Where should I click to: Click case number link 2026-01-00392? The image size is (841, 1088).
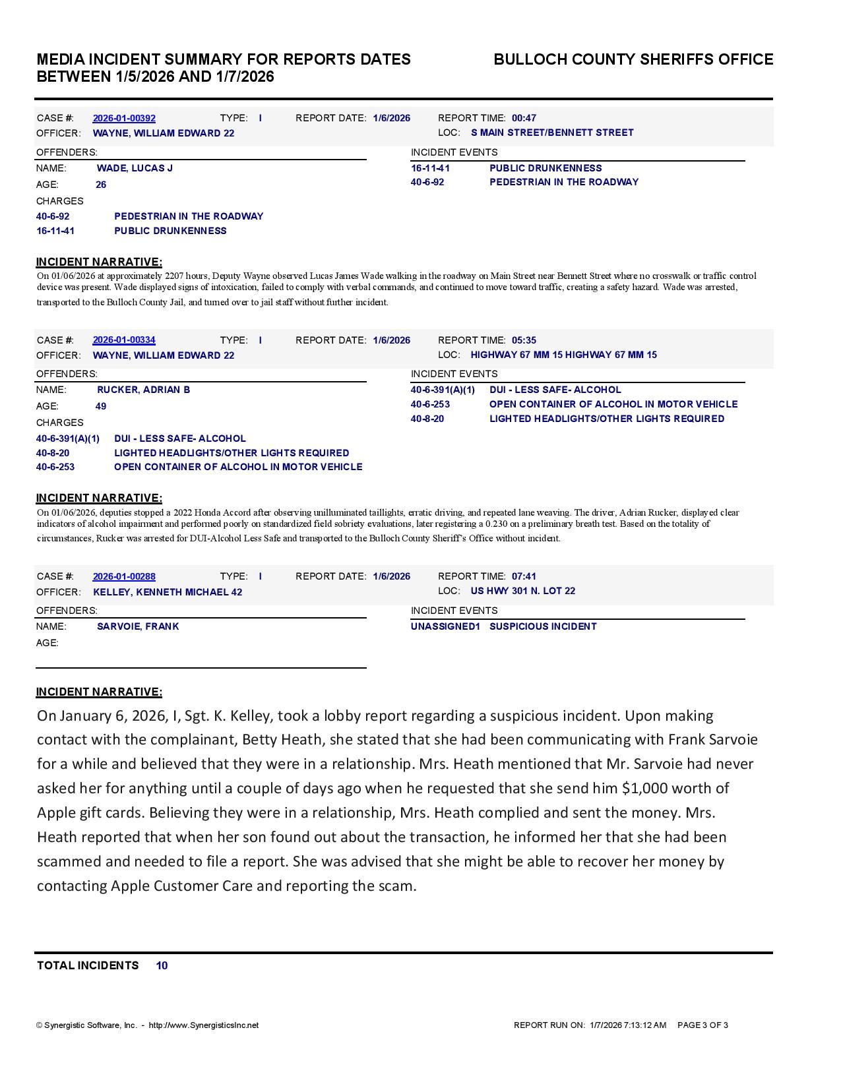[124, 118]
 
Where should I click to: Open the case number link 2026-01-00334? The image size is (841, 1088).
[124, 340]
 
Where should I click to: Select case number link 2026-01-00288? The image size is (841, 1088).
[124, 576]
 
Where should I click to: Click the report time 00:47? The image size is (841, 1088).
[524, 118]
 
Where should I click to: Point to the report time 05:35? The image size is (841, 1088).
[524, 340]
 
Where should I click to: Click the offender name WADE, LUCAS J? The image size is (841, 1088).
[135, 168]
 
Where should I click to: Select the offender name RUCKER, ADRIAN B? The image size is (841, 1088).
[143, 390]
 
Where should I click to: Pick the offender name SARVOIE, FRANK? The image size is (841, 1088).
[138, 626]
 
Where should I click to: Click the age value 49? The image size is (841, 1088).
[101, 406]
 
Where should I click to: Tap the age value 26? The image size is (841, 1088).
[101, 185]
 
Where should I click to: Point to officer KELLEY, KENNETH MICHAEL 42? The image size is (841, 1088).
[168, 592]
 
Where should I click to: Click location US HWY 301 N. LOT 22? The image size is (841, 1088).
[522, 591]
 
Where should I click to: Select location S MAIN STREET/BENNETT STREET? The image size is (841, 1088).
[552, 133]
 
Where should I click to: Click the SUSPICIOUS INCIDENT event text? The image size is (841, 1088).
[543, 626]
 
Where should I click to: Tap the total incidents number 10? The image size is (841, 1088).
[162, 965]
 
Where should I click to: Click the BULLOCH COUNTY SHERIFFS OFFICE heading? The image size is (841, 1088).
[633, 59]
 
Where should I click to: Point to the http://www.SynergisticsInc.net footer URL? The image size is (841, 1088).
[204, 1025]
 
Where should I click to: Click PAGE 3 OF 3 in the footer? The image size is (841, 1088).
[702, 1025]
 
